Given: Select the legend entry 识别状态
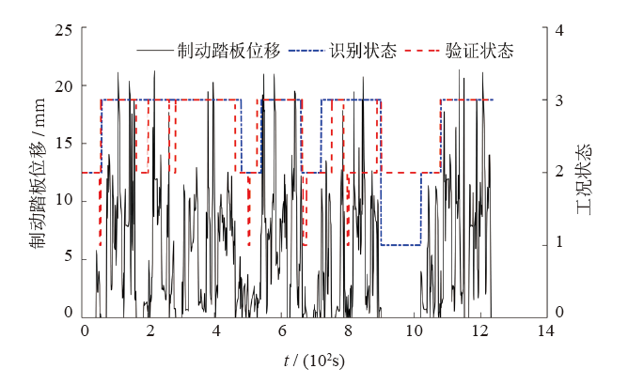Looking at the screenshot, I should [x=361, y=51].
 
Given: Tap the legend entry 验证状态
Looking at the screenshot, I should [x=479, y=51].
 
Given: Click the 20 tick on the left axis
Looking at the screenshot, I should [x=65, y=87].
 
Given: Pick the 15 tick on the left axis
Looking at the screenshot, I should [x=65, y=144].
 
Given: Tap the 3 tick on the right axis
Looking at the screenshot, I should [x=558, y=100].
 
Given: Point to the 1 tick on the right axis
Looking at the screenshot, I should [x=558, y=243].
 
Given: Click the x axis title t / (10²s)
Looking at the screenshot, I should [x=315, y=361].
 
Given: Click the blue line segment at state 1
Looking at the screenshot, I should [x=400, y=245].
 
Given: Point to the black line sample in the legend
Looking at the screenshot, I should [x=154, y=51].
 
